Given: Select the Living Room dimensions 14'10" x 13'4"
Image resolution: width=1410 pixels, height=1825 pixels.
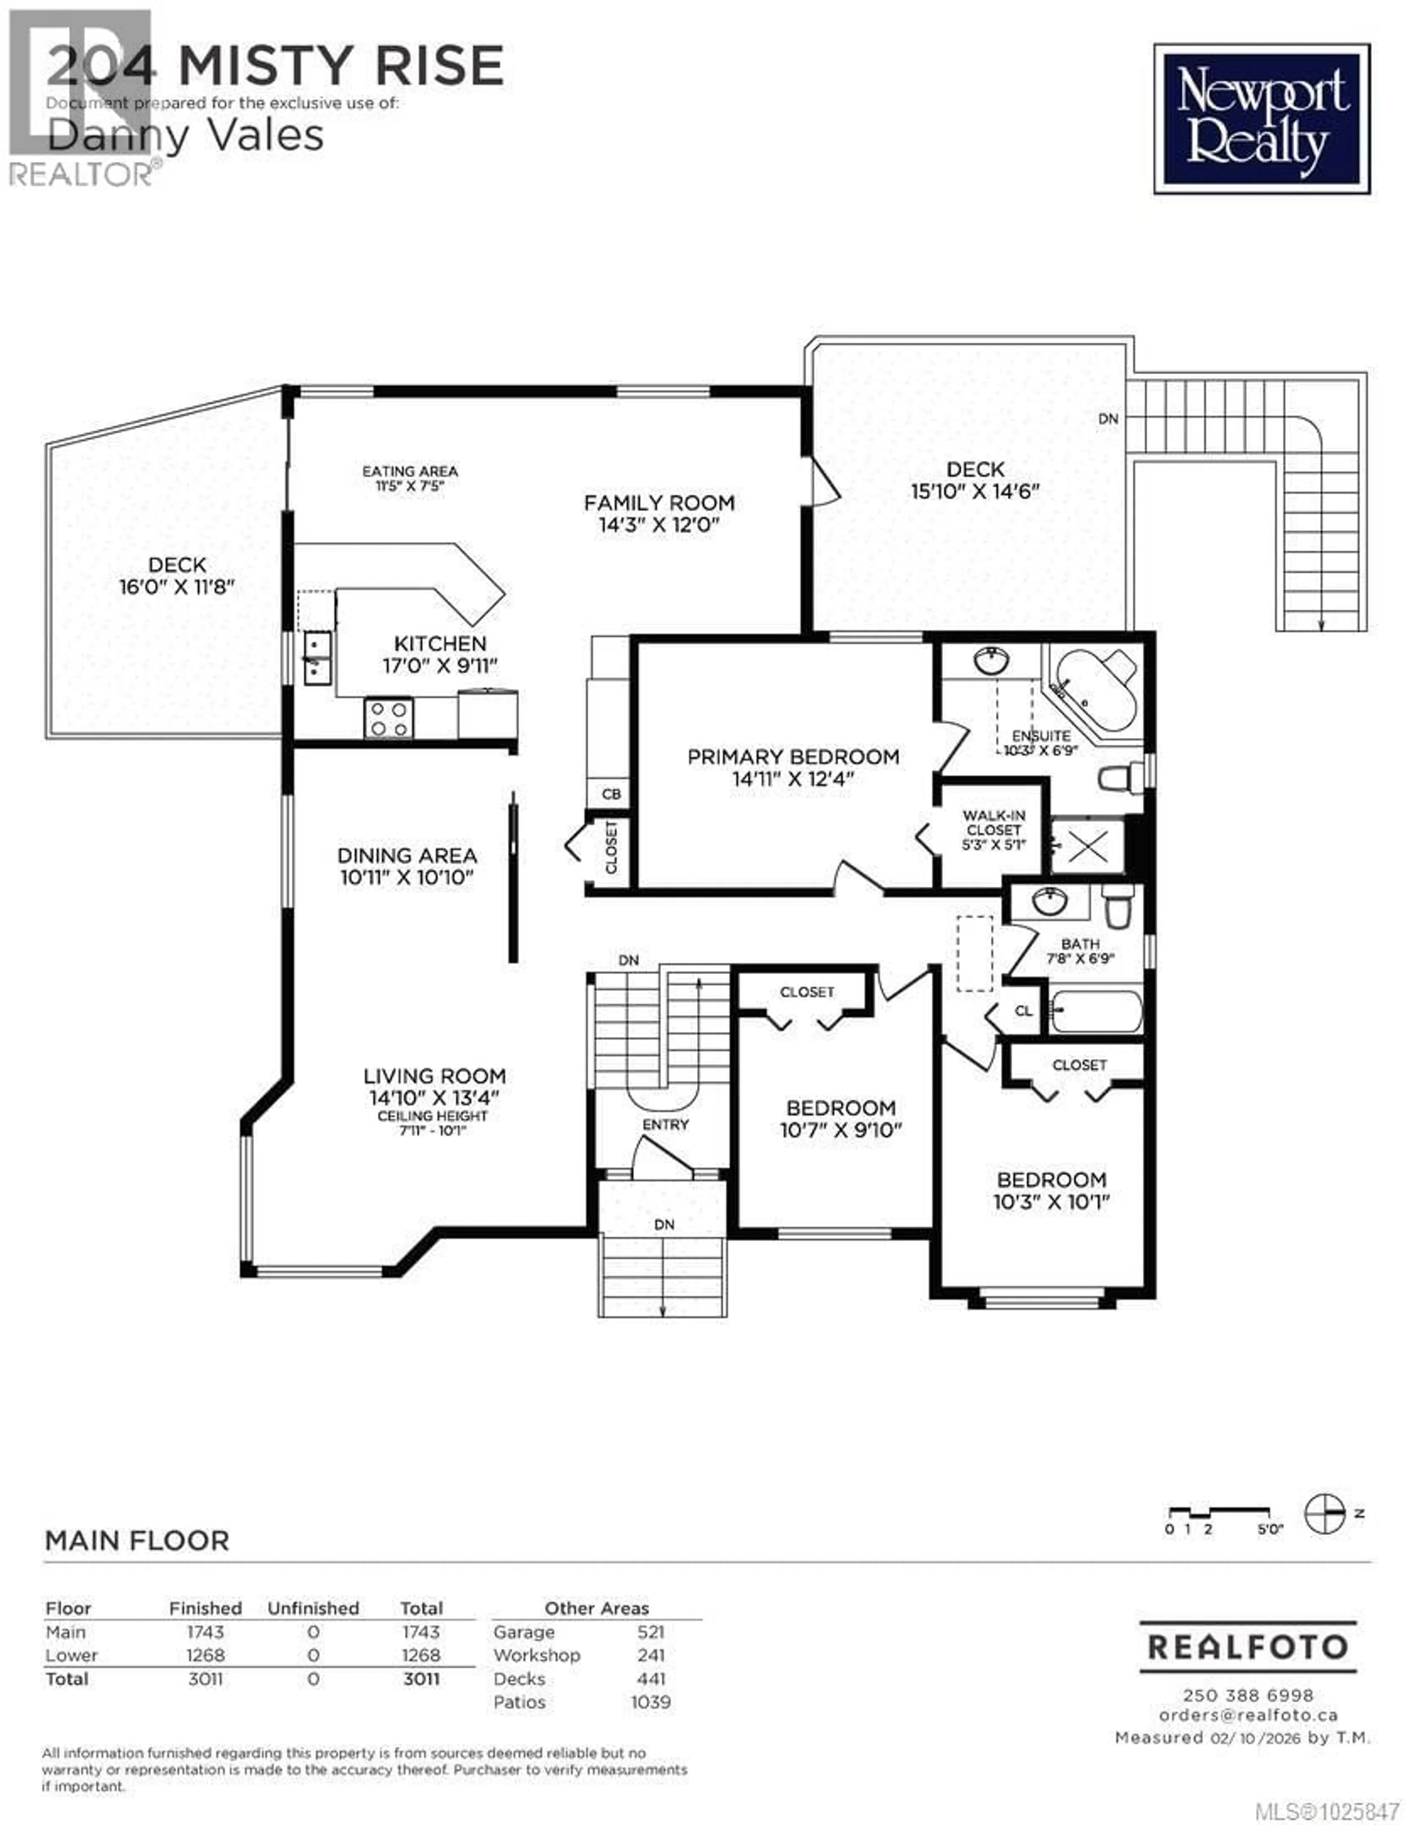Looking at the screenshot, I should coord(434,1098).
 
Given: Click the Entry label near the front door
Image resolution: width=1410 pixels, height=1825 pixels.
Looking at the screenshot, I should coord(666,1125).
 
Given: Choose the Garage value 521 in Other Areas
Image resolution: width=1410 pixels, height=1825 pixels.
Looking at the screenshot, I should coord(650,1632).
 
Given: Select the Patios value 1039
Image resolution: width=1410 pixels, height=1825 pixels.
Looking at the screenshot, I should coord(650,1702).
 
